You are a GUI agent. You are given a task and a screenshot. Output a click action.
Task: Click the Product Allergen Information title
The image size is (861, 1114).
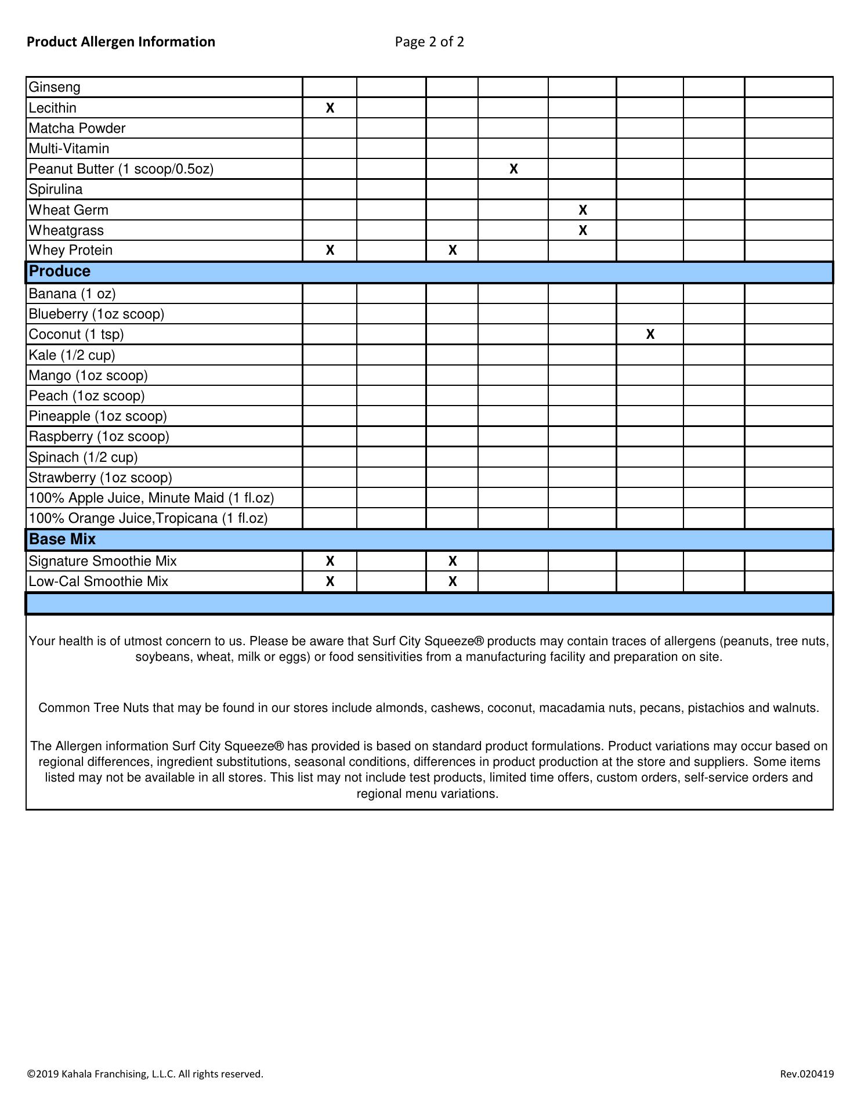(121, 42)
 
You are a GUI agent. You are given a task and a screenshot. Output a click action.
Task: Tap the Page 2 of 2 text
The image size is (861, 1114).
(429, 42)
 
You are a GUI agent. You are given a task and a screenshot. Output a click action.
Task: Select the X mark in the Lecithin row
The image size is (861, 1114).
(330, 108)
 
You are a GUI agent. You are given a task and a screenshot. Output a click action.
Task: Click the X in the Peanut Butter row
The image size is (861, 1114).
(513, 169)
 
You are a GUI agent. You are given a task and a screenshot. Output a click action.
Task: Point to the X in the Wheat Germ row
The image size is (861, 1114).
(583, 210)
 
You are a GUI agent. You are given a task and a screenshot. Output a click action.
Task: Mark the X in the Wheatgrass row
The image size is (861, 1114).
(583, 230)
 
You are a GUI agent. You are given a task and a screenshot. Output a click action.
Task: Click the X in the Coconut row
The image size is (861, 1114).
(650, 334)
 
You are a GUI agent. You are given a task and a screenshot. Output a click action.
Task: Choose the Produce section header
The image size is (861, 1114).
(60, 272)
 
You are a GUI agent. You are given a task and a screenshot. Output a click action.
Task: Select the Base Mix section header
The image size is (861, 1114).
(62, 540)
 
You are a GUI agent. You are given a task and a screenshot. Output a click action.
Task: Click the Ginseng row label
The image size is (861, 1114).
(55, 88)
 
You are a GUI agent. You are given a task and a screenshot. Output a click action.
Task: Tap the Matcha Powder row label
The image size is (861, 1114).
(77, 128)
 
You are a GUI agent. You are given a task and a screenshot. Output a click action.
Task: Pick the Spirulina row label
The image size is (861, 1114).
(56, 189)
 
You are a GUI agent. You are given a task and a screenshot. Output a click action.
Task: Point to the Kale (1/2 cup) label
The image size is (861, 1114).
(72, 355)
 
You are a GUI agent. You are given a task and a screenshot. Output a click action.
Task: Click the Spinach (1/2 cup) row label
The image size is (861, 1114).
(84, 457)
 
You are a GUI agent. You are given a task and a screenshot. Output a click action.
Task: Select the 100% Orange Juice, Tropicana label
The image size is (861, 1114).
(148, 518)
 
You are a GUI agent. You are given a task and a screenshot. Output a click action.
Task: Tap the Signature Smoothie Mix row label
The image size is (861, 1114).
(103, 561)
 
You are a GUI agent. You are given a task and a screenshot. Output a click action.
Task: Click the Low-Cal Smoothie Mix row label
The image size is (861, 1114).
(99, 581)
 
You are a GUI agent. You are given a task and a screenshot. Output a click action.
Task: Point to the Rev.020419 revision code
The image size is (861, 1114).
(806, 1074)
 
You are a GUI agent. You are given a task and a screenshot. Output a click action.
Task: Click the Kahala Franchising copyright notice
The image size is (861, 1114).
(145, 1074)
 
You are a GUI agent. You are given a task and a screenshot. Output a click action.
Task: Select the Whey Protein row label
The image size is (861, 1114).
(71, 250)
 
